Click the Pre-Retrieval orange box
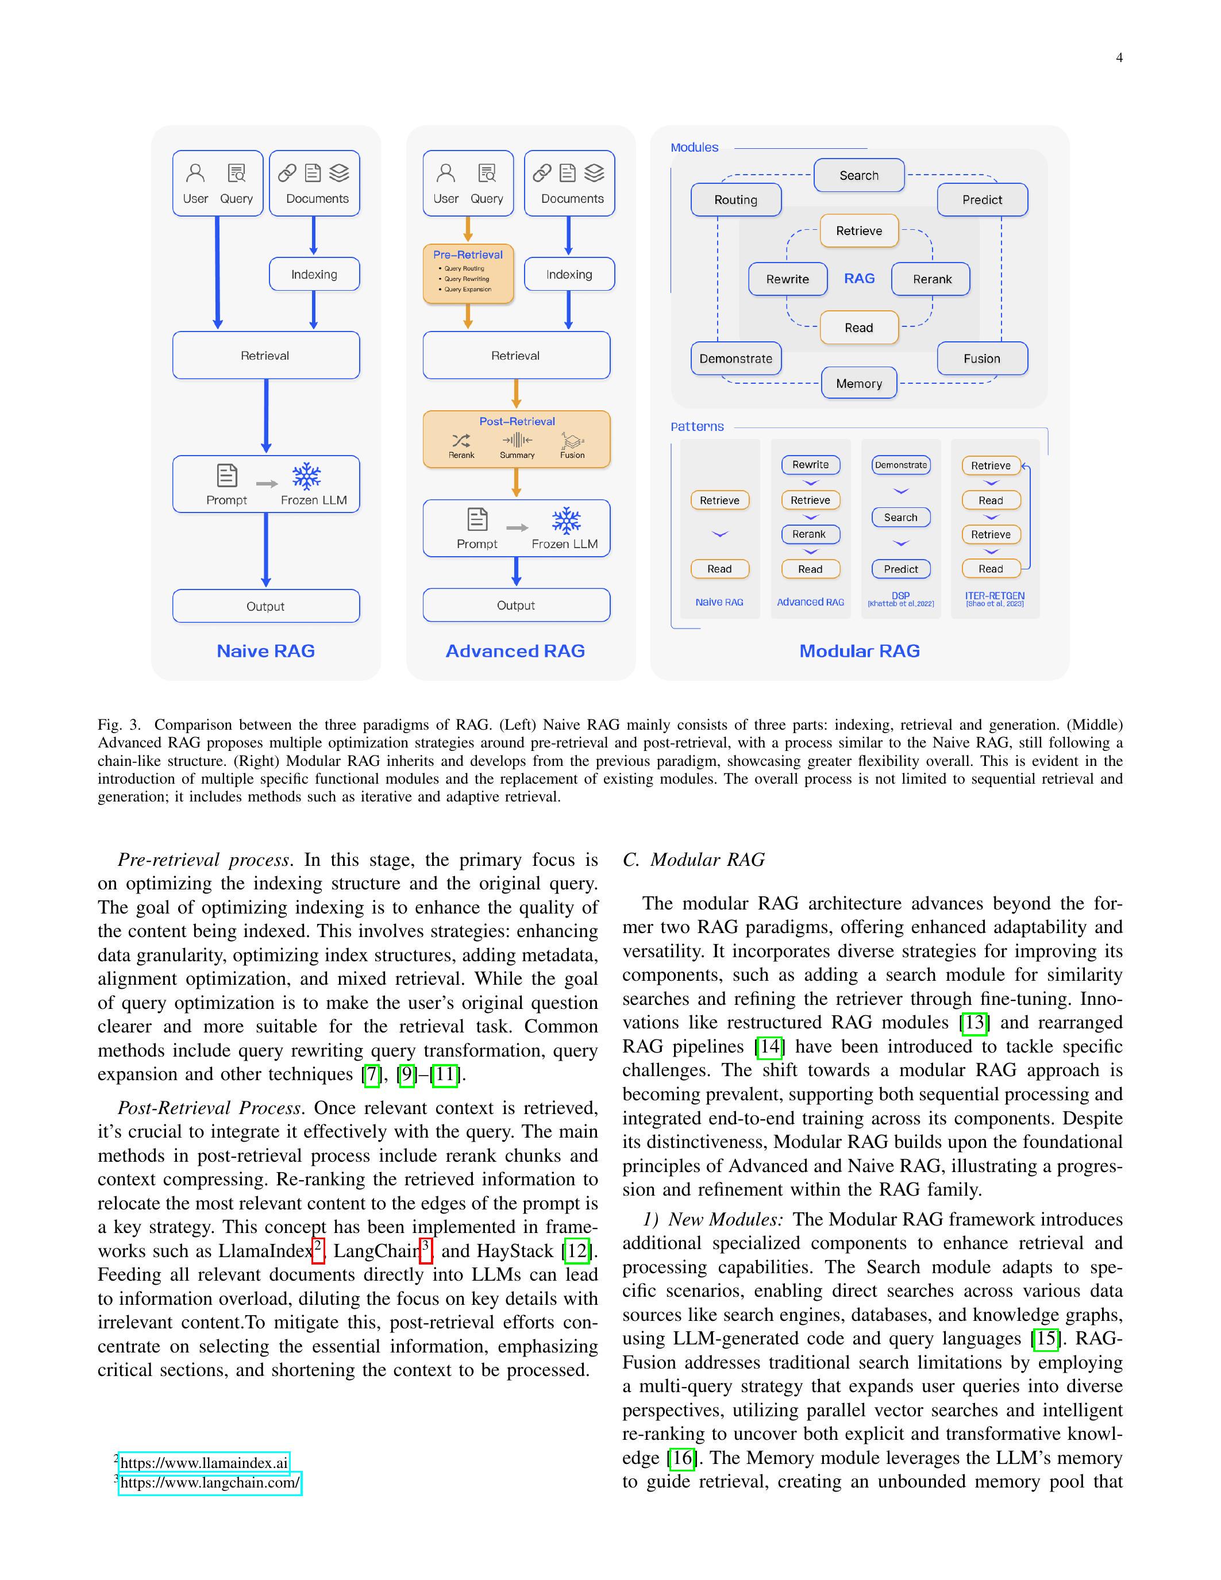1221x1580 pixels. (x=468, y=273)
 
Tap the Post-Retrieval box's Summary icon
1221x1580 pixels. (x=517, y=441)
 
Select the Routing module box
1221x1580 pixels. (x=735, y=200)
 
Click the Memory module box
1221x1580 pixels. (x=858, y=383)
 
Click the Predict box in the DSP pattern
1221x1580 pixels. (x=900, y=569)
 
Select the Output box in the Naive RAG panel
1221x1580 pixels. (x=265, y=606)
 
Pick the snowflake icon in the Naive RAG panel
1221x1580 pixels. (x=307, y=477)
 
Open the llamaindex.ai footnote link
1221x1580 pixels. (x=204, y=1463)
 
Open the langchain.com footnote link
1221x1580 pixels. (x=210, y=1483)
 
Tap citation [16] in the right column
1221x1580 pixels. (x=682, y=1458)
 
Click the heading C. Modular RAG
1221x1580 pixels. (x=693, y=860)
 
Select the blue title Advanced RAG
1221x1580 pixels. (x=515, y=651)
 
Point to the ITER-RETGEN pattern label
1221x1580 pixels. (x=995, y=596)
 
